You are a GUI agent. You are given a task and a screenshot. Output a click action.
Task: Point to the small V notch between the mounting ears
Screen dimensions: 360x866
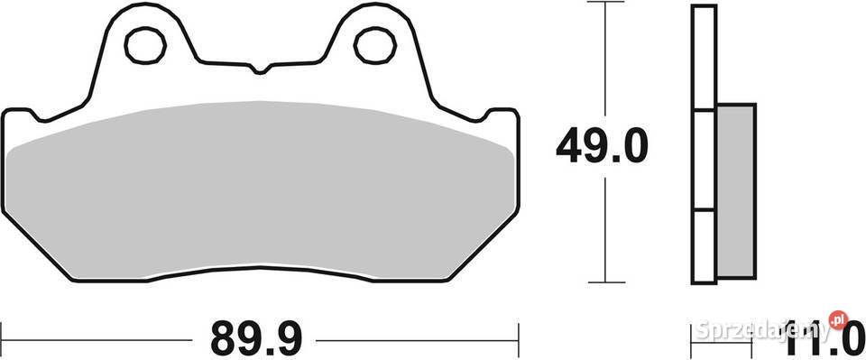[260, 69]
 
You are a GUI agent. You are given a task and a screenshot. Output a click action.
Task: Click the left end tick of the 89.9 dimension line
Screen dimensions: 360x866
[2, 338]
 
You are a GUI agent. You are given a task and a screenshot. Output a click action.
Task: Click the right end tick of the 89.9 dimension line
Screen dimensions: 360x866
[519, 338]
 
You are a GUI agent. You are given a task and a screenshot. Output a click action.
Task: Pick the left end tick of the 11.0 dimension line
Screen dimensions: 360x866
[693, 338]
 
